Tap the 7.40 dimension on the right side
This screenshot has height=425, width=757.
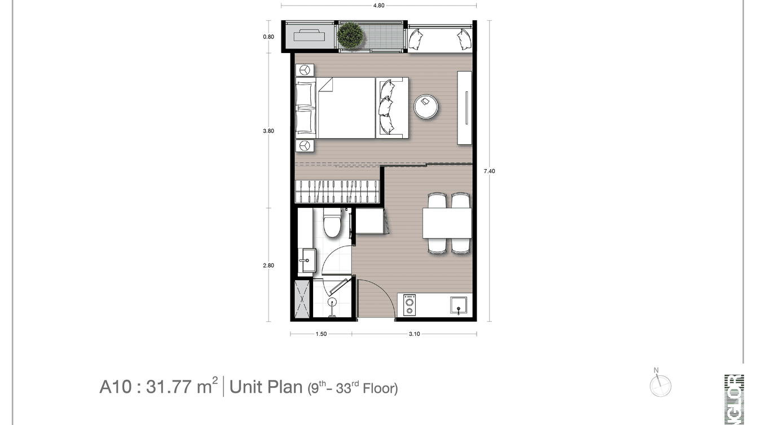[489, 171]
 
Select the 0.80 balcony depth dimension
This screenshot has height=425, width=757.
[269, 37]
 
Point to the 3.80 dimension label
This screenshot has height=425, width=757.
[269, 131]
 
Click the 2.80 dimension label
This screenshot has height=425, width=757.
[269, 265]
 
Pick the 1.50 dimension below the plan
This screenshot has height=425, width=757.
[321, 334]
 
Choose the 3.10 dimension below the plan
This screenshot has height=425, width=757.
[414, 334]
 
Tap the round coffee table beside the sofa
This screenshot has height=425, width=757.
[426, 107]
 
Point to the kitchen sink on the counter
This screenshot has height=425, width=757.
[459, 306]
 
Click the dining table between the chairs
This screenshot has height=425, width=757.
[447, 223]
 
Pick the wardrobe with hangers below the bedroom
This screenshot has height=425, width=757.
[337, 191]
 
